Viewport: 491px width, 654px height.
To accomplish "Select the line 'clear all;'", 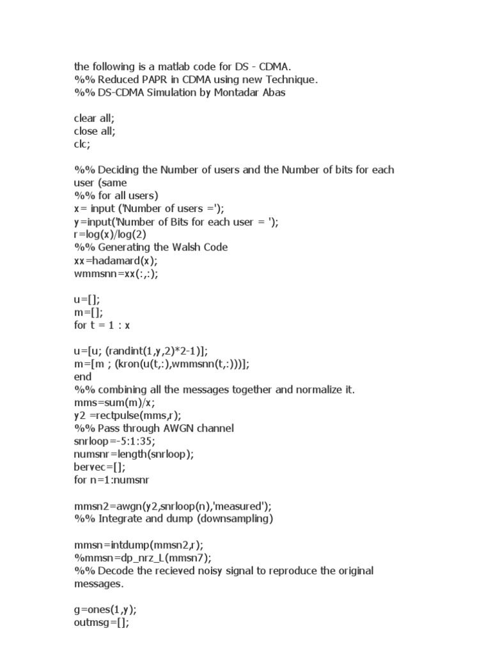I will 95,118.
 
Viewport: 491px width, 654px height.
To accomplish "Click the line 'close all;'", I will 96,131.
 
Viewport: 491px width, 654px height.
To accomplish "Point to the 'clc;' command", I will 82,144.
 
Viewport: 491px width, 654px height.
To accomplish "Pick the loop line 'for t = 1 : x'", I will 102,324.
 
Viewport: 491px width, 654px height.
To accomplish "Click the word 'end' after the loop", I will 83,376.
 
